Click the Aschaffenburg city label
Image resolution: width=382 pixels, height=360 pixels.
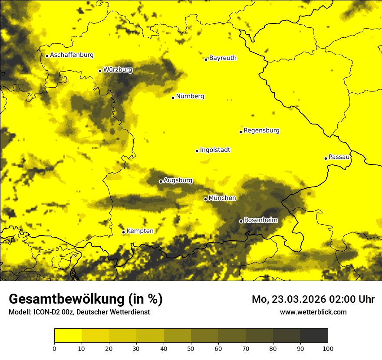pos(72,55)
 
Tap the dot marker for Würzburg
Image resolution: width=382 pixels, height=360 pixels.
pos(100,71)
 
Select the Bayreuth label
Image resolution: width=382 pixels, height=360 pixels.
pos(223,58)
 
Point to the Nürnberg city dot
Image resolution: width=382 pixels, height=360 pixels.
pos(173,98)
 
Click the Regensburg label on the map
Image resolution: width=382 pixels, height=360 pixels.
pos(261,131)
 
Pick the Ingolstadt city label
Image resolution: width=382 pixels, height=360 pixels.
pos(215,150)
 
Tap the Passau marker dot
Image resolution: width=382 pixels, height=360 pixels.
pos(326,158)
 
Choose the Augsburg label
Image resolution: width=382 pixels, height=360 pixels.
pos(178,180)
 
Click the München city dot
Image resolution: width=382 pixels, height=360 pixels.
pos(205,199)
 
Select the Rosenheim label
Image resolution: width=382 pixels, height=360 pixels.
pos(260,220)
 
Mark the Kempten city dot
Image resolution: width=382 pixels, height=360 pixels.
pos(123,232)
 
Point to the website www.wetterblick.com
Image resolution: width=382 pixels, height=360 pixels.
pos(313,312)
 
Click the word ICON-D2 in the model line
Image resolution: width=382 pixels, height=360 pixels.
pos(44,312)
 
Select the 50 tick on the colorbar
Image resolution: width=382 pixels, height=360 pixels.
pos(191,348)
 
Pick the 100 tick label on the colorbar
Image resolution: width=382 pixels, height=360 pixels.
pos(328,348)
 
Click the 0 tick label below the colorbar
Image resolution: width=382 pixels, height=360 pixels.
pos(54,348)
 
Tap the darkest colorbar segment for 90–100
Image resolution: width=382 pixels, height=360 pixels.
pos(314,336)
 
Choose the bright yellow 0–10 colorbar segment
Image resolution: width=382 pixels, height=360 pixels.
pos(68,336)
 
